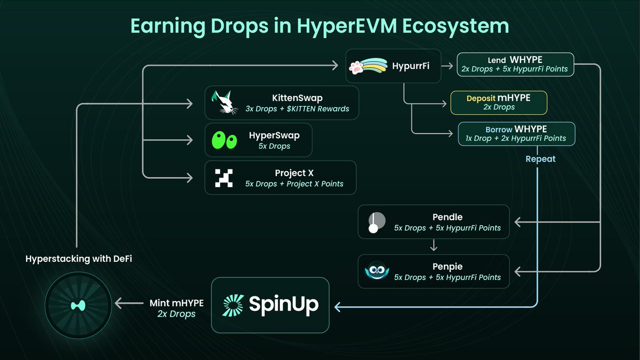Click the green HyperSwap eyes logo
pyautogui.click(x=225, y=140)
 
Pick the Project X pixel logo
pyautogui.click(x=224, y=178)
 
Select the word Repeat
pyautogui.click(x=540, y=159)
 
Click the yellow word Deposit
pyautogui.click(x=481, y=98)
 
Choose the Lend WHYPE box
pyautogui.click(x=515, y=64)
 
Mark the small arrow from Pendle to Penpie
pyautogui.click(x=434, y=246)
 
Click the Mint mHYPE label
pyautogui.click(x=177, y=303)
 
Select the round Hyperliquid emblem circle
pyautogui.click(x=78, y=306)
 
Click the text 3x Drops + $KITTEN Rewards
pyautogui.click(x=298, y=109)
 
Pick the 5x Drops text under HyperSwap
pyautogui.click(x=274, y=146)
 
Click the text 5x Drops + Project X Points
pyautogui.click(x=294, y=184)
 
